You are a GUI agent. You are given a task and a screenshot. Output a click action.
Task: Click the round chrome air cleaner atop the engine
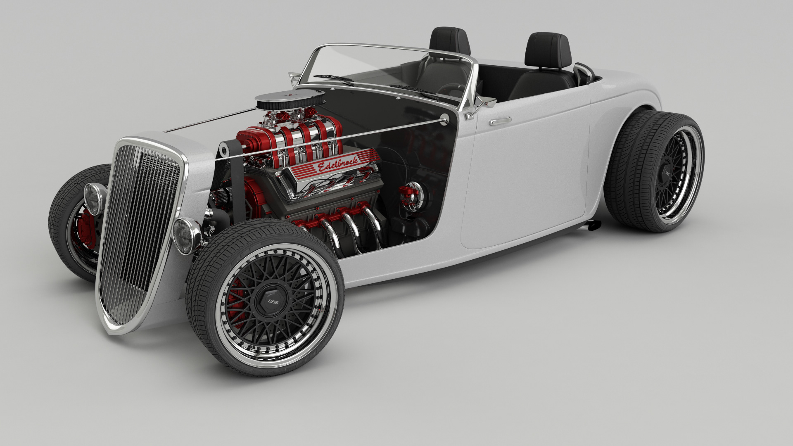pyautogui.click(x=291, y=98)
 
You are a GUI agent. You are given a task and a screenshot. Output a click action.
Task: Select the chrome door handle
pyautogui.click(x=500, y=121)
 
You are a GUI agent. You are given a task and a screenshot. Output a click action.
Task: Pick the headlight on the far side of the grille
pyautogui.click(x=95, y=199)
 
